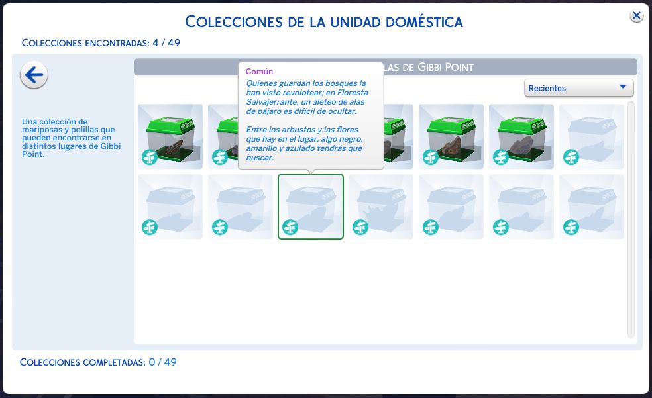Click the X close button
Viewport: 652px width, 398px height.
pyautogui.click(x=636, y=16)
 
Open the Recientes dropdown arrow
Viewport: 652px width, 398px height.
pyautogui.click(x=622, y=87)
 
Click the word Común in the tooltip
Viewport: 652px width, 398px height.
pyautogui.click(x=259, y=72)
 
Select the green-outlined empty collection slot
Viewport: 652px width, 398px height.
pyautogui.click(x=311, y=207)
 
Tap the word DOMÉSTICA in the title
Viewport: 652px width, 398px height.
pyautogui.click(x=424, y=22)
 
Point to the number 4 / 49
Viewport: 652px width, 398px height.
pyautogui.click(x=166, y=43)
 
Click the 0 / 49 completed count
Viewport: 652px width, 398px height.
pyautogui.click(x=162, y=362)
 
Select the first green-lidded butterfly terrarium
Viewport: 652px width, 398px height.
pyautogui.click(x=170, y=136)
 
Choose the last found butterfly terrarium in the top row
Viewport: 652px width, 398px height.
pyautogui.click(x=521, y=136)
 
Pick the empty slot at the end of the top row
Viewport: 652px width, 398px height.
pyautogui.click(x=591, y=136)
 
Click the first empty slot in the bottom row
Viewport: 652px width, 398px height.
pyautogui.click(x=170, y=207)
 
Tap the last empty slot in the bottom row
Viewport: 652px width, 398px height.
pyautogui.click(x=591, y=207)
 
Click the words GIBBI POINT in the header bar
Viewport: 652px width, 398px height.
pyautogui.click(x=445, y=68)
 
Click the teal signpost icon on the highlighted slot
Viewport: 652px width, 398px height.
pyautogui.click(x=290, y=227)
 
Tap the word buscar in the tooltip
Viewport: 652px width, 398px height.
pyautogui.click(x=260, y=158)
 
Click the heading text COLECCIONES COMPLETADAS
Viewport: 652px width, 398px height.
pyautogui.click(x=83, y=362)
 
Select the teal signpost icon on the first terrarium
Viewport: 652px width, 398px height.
pyautogui.click(x=150, y=157)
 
